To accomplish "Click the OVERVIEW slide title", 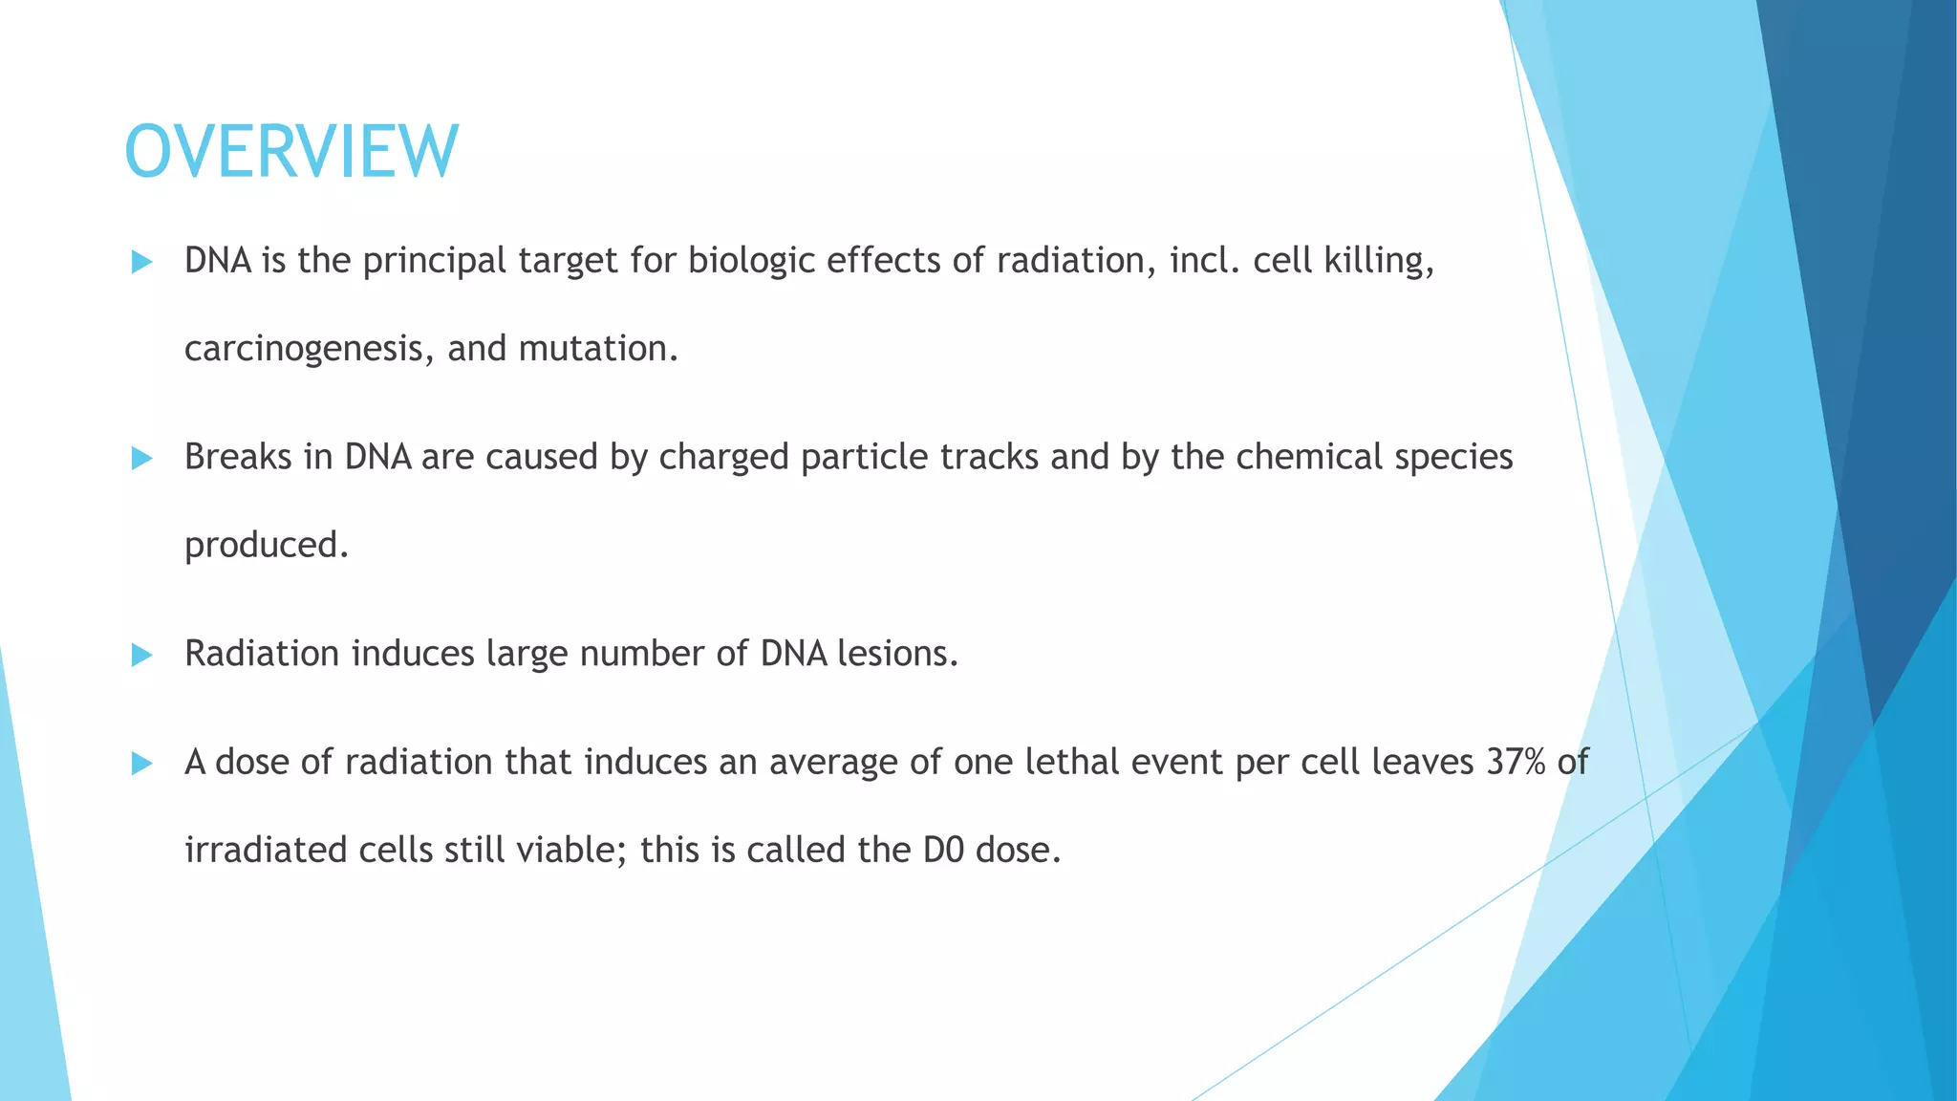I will [x=291, y=152].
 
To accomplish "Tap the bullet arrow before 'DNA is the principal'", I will [x=141, y=262].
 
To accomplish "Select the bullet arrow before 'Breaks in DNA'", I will [x=141, y=459].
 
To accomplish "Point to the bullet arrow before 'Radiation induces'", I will [x=141, y=656].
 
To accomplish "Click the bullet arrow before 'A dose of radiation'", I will [x=141, y=764].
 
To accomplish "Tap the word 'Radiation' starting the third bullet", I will [x=262, y=654].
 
